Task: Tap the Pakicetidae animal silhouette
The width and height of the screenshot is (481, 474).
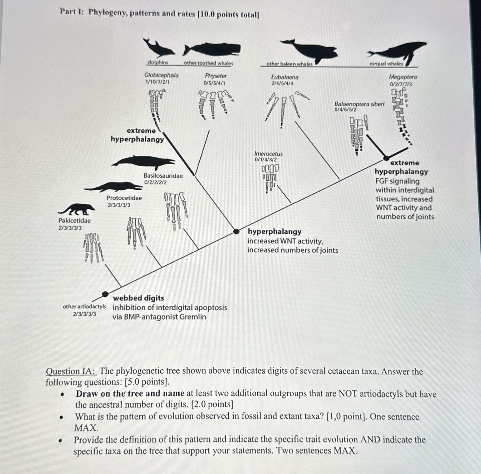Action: point(77,209)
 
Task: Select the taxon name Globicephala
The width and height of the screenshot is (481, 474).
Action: point(161,75)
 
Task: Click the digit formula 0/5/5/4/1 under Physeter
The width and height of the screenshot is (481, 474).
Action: point(214,83)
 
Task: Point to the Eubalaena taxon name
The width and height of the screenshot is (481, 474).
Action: point(285,77)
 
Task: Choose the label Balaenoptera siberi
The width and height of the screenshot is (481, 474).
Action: point(359,104)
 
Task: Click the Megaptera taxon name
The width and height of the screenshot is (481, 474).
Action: point(403,77)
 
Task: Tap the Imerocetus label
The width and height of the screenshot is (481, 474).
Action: point(268,154)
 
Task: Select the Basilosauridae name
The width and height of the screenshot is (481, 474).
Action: point(163,176)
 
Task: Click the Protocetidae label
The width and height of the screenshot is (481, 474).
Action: point(124,198)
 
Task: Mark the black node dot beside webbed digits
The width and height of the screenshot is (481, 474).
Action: point(105,293)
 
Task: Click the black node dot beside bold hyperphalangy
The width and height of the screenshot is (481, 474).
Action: point(237,231)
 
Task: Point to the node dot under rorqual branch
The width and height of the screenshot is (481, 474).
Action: point(386,158)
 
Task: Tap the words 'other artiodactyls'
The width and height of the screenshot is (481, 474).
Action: point(84,307)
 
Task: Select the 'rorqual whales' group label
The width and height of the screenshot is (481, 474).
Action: point(386,64)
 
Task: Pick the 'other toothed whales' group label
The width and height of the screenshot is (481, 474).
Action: point(208,63)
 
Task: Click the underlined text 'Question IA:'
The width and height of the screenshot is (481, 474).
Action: point(71,371)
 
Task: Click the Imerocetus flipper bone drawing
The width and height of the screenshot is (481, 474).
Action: point(270,178)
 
